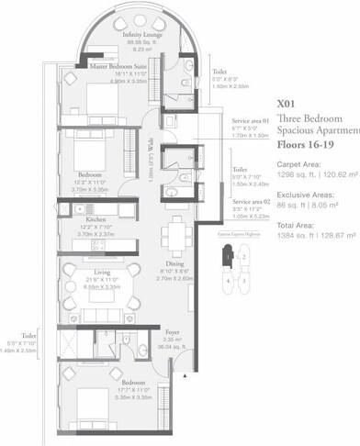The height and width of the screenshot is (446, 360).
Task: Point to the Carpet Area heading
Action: tap(299, 164)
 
